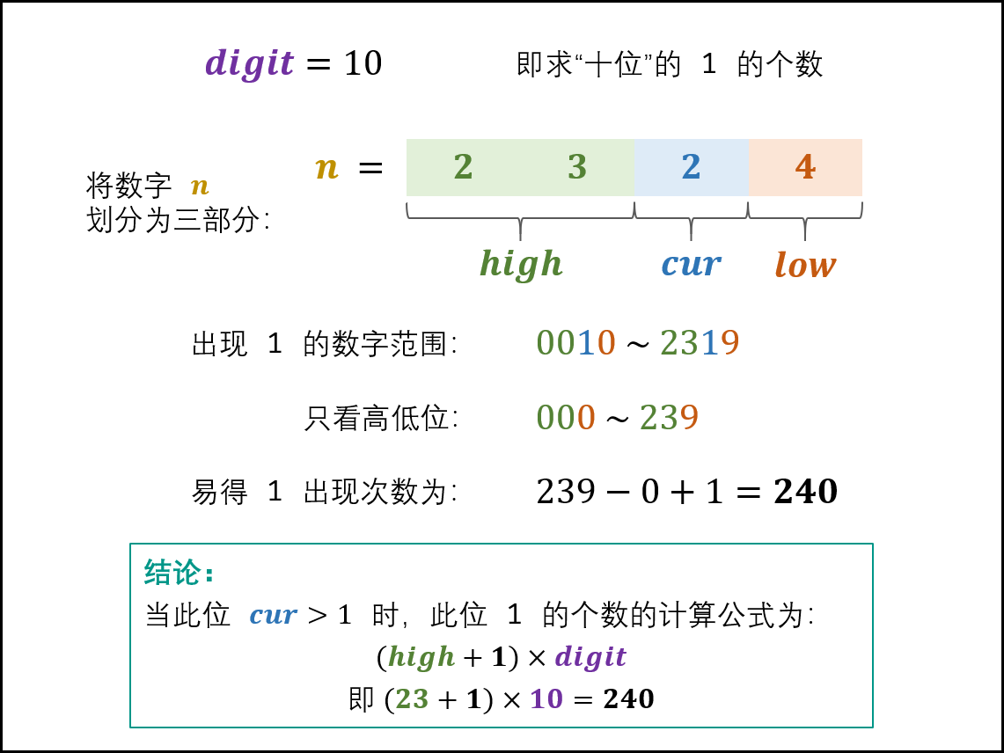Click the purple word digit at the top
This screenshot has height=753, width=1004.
(249, 64)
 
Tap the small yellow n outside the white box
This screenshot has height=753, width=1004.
(200, 186)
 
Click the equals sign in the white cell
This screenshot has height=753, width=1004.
(370, 167)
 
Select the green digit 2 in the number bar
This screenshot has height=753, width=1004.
(463, 167)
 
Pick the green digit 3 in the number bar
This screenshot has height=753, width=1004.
(576, 167)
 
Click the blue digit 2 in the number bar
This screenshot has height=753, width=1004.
(691, 167)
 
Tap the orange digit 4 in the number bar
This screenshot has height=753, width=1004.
(804, 167)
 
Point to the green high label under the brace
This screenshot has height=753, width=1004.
(520, 264)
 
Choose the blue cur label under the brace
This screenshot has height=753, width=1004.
(691, 264)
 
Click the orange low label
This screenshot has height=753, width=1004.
(804, 265)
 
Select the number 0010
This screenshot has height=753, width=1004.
(575, 343)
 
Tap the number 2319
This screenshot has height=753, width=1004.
(700, 343)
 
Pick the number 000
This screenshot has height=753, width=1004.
(566, 418)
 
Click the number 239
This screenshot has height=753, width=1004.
(669, 418)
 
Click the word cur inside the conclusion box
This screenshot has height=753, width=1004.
(273, 615)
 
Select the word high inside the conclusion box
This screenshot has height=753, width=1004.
(421, 656)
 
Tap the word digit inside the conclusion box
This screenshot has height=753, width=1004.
(590, 656)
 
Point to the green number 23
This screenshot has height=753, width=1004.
(412, 698)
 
